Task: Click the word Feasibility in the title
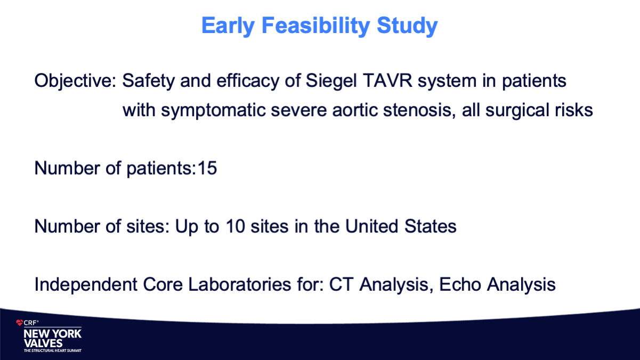coord(315,26)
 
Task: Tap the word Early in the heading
coord(228,26)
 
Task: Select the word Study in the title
coord(407,26)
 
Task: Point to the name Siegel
coord(331,81)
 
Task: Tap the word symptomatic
coord(213,110)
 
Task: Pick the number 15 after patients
coord(207,168)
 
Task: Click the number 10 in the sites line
coord(236,226)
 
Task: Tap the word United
coord(371,226)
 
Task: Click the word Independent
coord(86,284)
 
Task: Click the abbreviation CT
coord(341,284)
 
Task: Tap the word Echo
coord(460,284)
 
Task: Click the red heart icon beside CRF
coord(19,323)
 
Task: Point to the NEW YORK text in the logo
coord(53,334)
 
